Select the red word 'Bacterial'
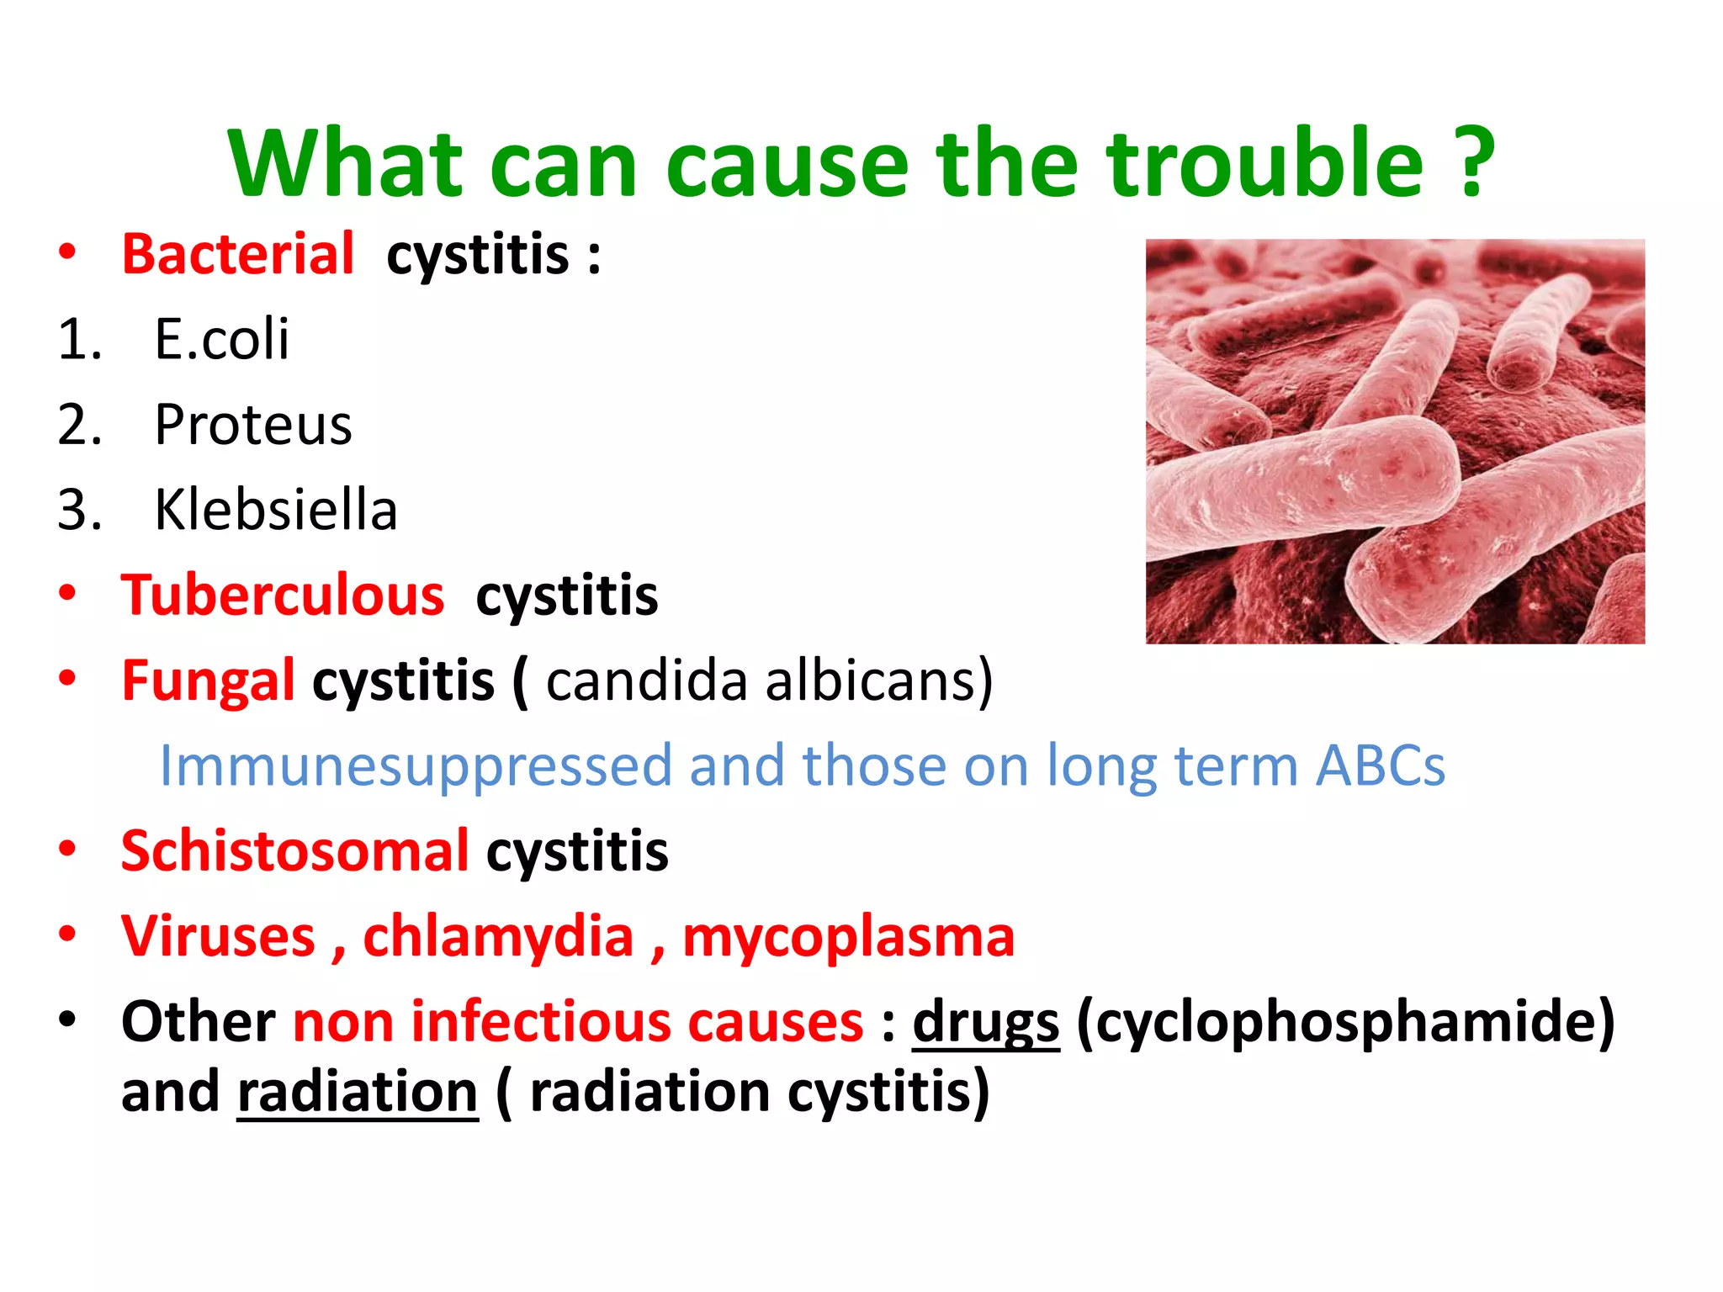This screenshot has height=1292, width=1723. (238, 254)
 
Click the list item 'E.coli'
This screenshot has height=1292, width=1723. (221, 340)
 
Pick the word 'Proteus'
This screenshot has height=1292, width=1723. (252, 425)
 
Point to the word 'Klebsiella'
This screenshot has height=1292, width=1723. (275, 510)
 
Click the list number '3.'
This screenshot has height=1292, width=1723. (80, 510)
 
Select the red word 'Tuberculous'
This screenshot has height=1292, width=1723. (283, 596)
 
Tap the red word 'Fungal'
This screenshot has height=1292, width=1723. (208, 680)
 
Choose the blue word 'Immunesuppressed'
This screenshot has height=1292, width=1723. (416, 766)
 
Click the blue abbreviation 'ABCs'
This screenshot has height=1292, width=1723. (1380, 766)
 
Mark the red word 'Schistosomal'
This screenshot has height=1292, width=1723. (294, 851)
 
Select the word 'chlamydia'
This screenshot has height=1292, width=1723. (498, 937)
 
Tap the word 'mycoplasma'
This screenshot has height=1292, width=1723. (848, 937)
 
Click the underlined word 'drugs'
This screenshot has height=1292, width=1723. (985, 1022)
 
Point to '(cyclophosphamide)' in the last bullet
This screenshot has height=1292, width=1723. (1345, 1022)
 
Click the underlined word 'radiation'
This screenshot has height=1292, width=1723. (358, 1092)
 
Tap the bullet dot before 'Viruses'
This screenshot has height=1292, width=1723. (67, 934)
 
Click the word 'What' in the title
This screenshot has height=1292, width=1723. (345, 164)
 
